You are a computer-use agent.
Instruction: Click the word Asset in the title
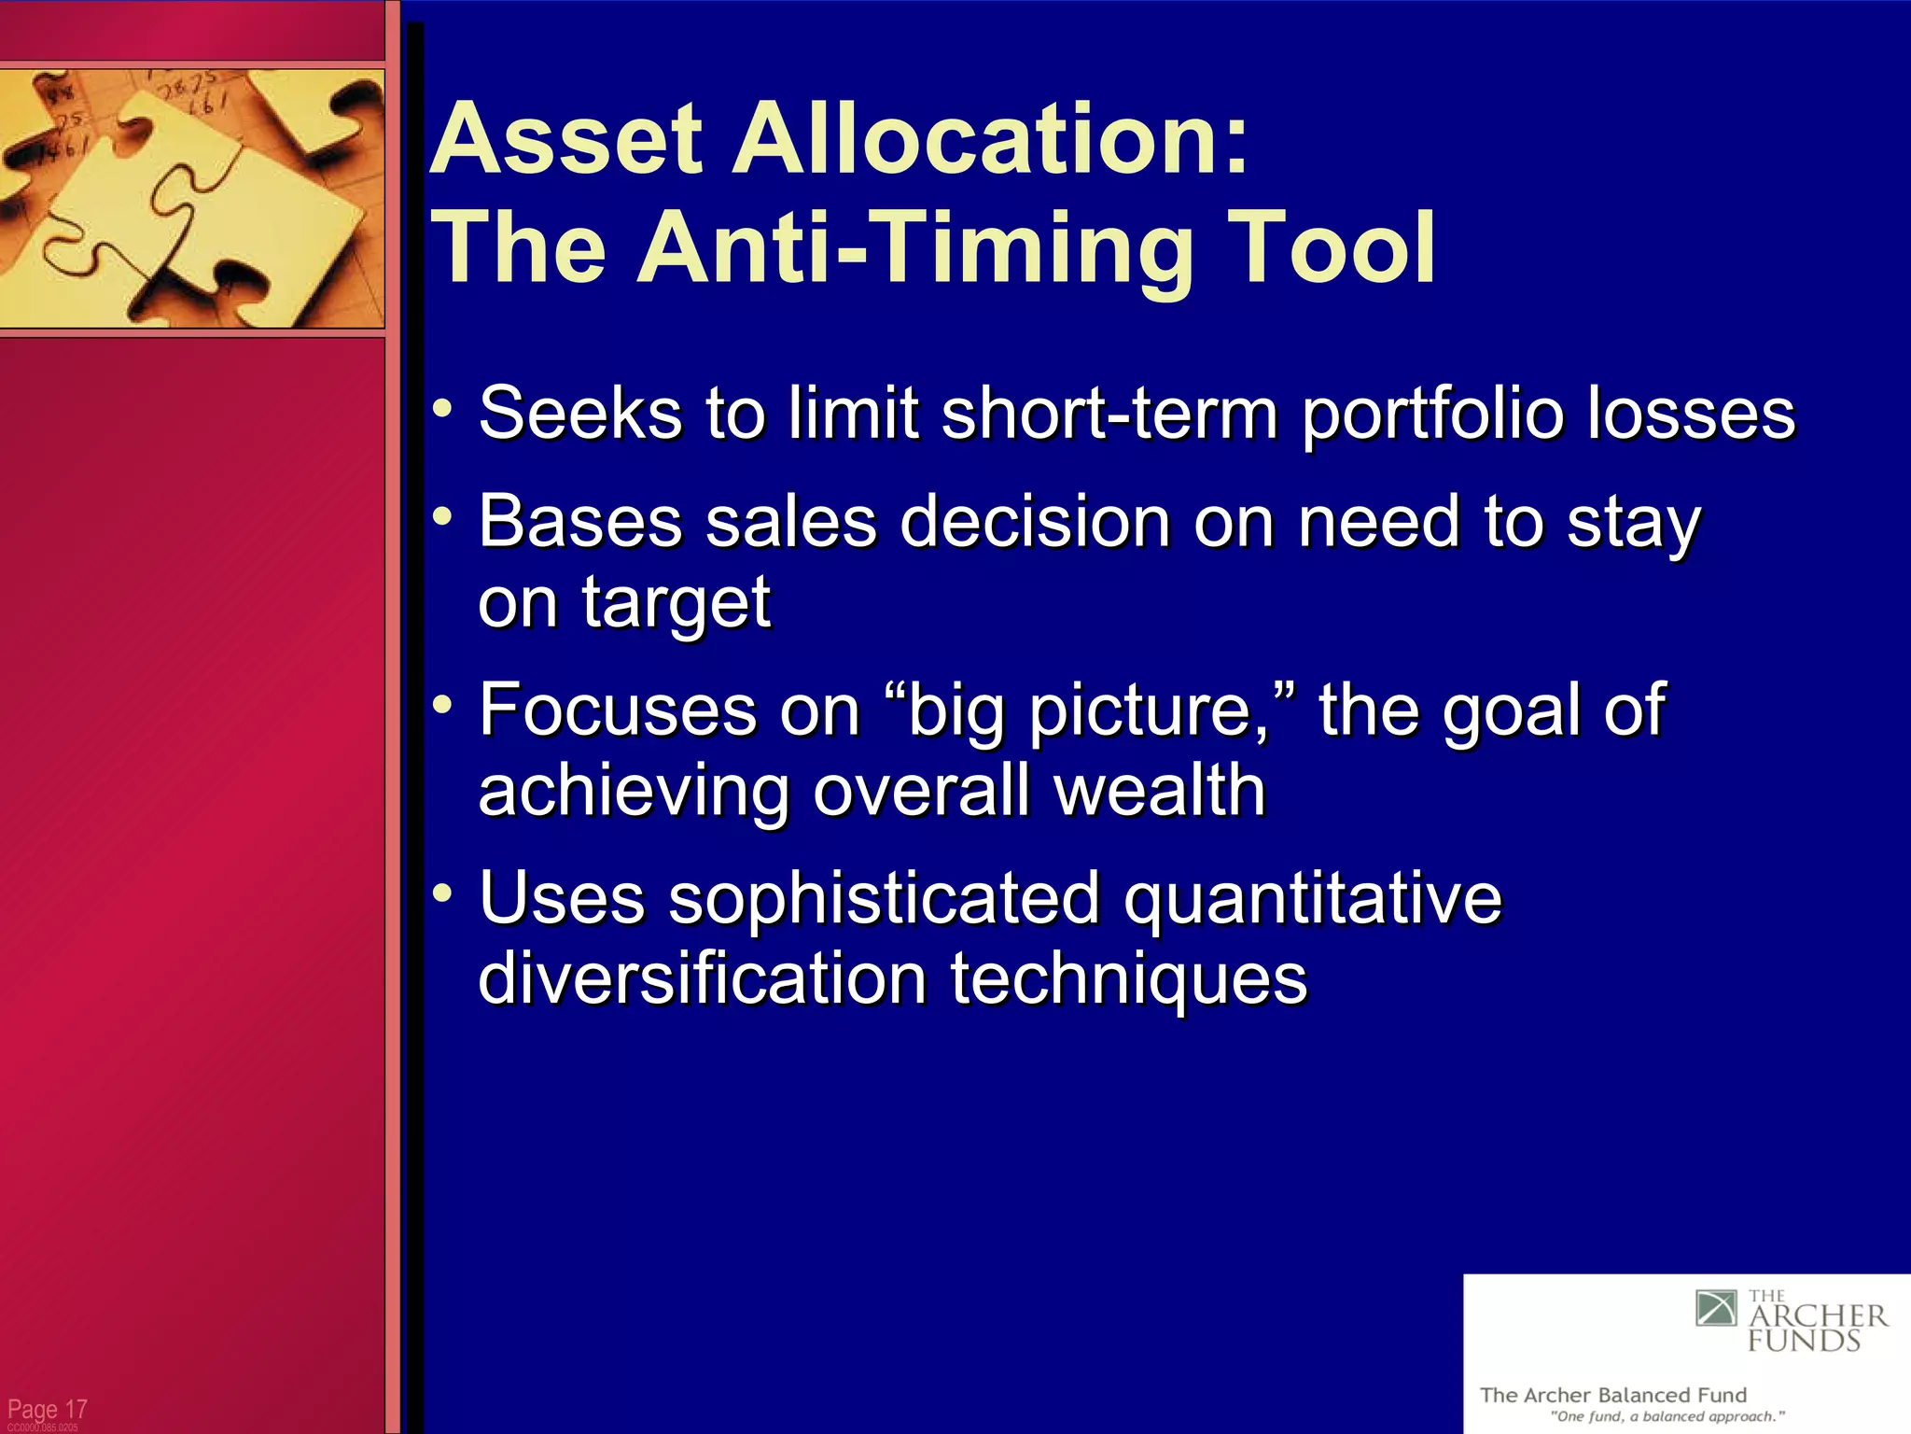[565, 140]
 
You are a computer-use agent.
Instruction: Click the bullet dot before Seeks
[443, 408]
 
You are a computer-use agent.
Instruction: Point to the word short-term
[1109, 413]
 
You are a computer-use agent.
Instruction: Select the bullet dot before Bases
[443, 516]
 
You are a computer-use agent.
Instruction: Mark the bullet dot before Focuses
[443, 704]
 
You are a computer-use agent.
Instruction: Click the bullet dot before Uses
[443, 893]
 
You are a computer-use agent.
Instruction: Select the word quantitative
[1312, 898]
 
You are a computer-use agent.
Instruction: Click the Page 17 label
[47, 1408]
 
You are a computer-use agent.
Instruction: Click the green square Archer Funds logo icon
[1716, 1308]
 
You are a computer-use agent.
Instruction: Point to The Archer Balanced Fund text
[1612, 1395]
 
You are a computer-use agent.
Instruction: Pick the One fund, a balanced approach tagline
[1667, 1416]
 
